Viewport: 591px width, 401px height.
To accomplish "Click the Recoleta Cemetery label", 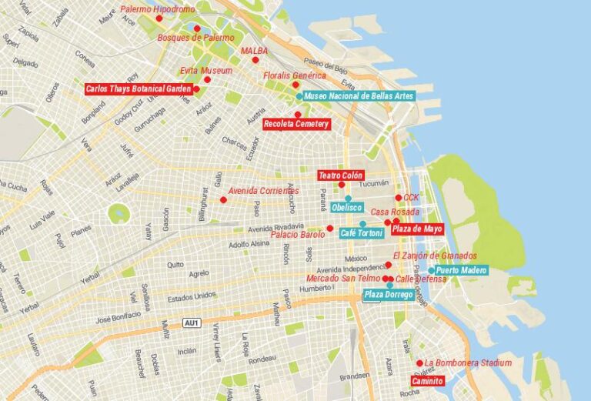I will pos(296,124).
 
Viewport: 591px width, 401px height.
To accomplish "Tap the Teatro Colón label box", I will pos(341,175).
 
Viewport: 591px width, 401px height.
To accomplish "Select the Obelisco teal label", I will pos(347,208).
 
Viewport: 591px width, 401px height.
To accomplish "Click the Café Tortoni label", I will pos(361,233).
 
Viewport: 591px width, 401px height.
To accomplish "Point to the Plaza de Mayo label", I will pos(417,229).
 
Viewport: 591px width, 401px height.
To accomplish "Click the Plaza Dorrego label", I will pos(389,295).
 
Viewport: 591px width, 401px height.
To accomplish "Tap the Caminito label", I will pos(427,381).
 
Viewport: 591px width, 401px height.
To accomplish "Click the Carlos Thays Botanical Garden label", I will pos(138,89).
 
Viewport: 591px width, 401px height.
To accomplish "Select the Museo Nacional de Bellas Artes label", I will pos(359,96).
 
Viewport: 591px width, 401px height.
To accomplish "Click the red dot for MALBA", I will pos(255,59).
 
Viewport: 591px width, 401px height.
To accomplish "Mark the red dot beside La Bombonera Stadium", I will pos(419,363).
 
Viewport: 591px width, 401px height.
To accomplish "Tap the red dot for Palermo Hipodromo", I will pos(159,18).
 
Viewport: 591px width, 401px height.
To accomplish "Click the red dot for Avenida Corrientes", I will pos(223,200).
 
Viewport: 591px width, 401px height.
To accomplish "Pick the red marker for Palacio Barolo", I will pos(329,229).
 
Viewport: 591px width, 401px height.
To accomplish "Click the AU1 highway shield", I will pos(192,322).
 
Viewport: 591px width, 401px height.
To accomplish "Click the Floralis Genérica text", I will pos(294,76).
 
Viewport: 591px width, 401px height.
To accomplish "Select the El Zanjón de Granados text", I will pos(434,256).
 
